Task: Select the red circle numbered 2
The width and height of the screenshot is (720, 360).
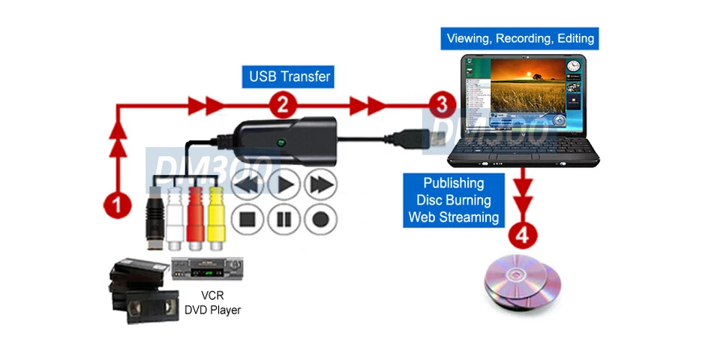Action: [x=282, y=106]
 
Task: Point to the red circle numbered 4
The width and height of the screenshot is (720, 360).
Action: [x=523, y=235]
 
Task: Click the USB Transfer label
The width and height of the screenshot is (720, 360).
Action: [x=289, y=76]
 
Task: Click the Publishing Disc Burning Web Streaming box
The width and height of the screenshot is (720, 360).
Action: [x=453, y=200]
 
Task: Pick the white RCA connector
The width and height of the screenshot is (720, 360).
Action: [x=174, y=217]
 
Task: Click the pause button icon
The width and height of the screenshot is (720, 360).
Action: [x=284, y=220]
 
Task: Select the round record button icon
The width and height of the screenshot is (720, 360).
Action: [x=320, y=220]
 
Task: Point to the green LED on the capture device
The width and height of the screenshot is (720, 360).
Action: [x=280, y=142]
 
